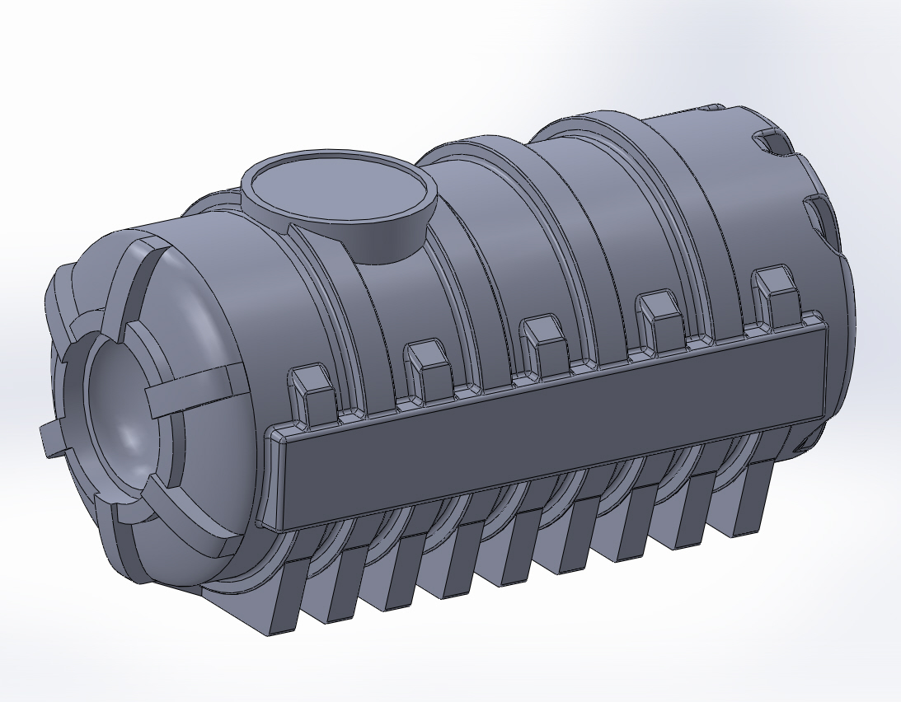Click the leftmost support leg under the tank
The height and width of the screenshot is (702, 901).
[x=280, y=597]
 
